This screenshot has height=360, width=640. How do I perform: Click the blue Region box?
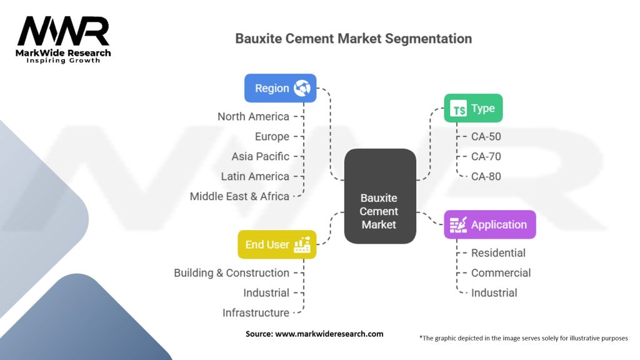click(280, 88)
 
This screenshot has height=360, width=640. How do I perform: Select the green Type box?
click(473, 109)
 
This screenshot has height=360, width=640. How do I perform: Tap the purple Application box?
click(489, 224)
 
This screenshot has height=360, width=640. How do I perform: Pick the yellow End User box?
click(277, 244)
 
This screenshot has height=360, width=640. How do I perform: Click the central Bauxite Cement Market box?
click(379, 196)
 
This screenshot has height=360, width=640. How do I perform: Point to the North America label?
click(253, 117)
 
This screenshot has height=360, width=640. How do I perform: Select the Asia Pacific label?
click(260, 156)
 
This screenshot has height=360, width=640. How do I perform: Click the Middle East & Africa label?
click(239, 196)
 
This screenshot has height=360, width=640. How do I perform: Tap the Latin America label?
click(255, 176)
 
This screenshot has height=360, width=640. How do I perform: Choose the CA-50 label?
click(486, 137)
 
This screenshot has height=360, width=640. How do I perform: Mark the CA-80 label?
click(486, 176)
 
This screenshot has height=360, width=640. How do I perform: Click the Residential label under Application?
click(498, 253)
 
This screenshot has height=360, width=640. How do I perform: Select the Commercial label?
click(501, 273)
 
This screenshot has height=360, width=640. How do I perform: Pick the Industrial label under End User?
click(266, 292)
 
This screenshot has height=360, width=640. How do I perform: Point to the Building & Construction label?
click(231, 273)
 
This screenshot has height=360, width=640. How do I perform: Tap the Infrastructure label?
click(256, 312)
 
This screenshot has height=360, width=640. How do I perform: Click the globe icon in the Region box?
click(302, 88)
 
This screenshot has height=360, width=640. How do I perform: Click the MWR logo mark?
click(63, 32)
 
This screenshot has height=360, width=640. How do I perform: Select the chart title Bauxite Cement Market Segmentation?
click(353, 39)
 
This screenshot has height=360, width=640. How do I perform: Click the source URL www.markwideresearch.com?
click(329, 334)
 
